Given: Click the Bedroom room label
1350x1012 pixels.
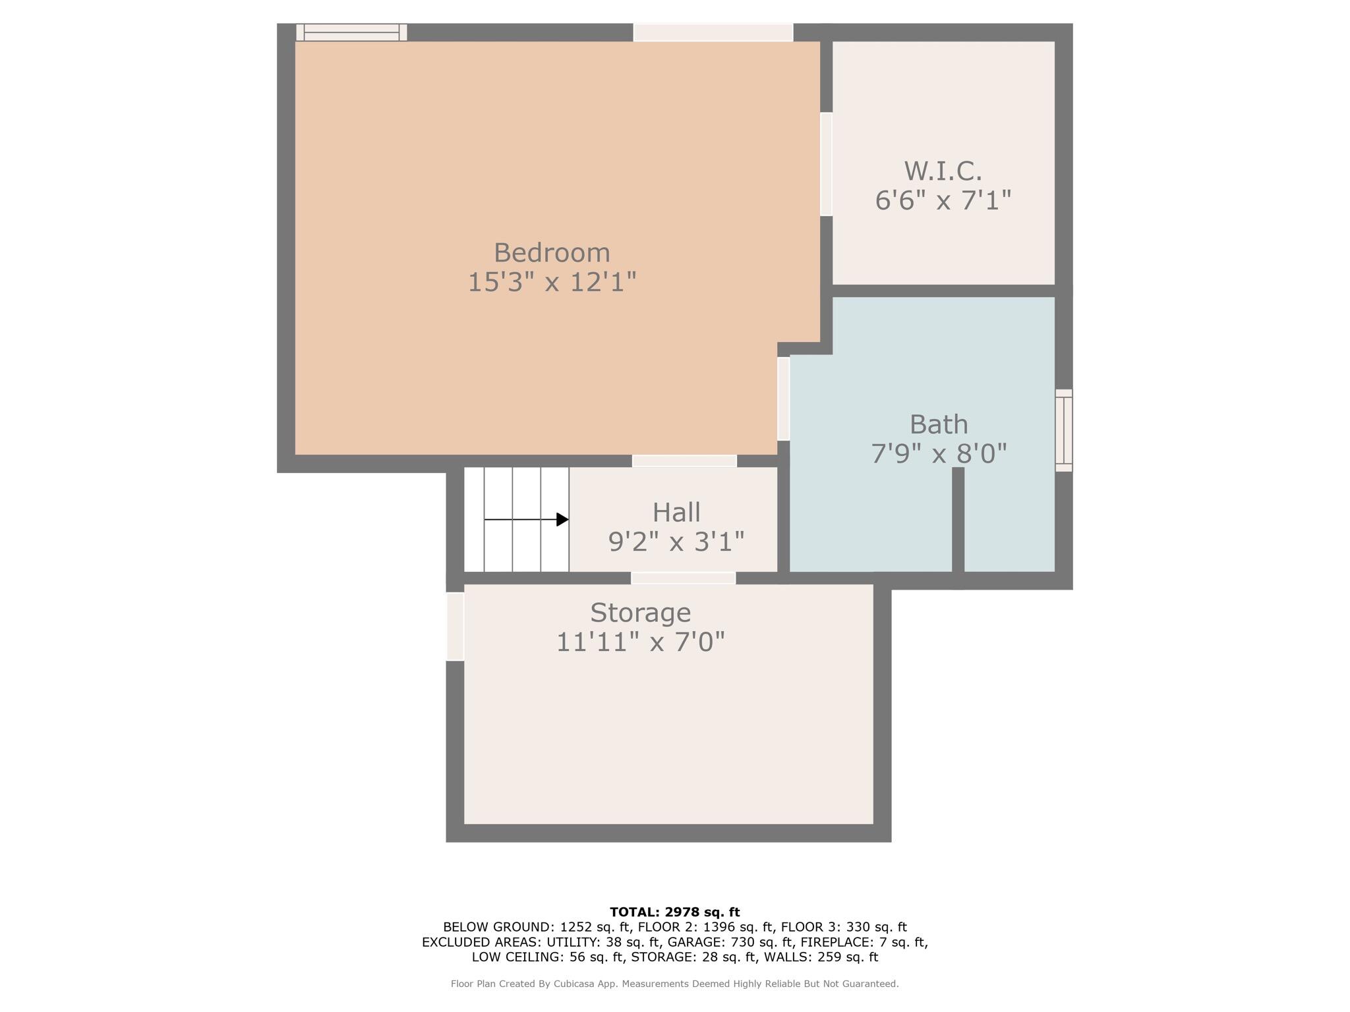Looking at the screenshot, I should click(552, 253).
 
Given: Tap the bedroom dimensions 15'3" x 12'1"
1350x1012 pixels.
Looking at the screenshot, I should click(552, 283).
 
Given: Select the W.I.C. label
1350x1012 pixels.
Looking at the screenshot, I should click(943, 171).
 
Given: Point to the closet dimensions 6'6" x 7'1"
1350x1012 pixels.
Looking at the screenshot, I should click(943, 200).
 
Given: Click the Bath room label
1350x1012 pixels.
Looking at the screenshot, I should click(939, 425).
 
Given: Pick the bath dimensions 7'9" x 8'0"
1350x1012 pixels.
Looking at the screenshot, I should click(939, 454).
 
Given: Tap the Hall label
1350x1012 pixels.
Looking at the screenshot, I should click(676, 513).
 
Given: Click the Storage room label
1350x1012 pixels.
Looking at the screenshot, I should click(640, 613).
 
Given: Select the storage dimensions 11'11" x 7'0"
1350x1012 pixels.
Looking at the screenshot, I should click(640, 642).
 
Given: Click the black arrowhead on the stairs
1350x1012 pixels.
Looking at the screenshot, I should click(562, 520).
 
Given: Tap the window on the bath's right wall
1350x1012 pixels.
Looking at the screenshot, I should click(1063, 430).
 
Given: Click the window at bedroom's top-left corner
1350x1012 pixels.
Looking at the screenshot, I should click(351, 32).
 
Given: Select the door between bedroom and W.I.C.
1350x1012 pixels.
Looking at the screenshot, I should click(826, 164).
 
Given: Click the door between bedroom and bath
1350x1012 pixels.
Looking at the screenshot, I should click(783, 399).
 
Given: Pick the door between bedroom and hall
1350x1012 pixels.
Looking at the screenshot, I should click(684, 461).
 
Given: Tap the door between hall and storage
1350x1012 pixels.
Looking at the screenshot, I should click(683, 578).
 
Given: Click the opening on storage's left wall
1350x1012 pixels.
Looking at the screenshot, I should click(455, 627).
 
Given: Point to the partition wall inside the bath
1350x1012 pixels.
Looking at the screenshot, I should click(958, 520).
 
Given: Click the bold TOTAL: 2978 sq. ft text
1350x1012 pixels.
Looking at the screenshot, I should click(674, 913).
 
